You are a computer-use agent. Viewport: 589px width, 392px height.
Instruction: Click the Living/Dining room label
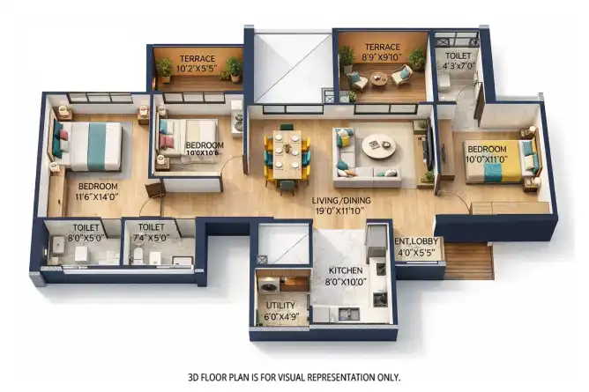point(341,201)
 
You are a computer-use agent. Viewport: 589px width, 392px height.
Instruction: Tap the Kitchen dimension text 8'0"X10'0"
point(346,282)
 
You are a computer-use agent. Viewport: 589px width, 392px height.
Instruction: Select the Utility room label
point(280,306)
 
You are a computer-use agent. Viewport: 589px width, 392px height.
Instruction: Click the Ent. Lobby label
point(416,241)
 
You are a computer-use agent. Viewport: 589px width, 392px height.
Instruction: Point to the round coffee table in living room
point(378,146)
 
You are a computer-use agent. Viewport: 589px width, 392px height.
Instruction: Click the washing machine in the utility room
point(268,286)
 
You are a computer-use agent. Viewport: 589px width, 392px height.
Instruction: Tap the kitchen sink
point(348,314)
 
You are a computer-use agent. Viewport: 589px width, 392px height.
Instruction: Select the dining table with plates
point(287,154)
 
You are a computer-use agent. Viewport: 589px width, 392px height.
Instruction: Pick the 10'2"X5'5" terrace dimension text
point(197,69)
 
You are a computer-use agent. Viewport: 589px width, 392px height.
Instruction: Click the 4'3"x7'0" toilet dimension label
point(458,66)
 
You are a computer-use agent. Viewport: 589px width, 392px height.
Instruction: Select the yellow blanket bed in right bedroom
point(500,160)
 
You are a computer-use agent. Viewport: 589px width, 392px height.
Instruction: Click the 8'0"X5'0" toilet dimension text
point(86,238)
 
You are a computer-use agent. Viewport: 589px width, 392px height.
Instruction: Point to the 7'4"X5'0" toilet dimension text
point(151,238)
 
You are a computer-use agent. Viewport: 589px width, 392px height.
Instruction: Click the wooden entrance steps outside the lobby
point(468,261)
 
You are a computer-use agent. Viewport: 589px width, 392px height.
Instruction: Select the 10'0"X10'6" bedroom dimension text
point(202,153)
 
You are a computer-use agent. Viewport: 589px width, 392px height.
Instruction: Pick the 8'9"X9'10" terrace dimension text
point(382,58)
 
